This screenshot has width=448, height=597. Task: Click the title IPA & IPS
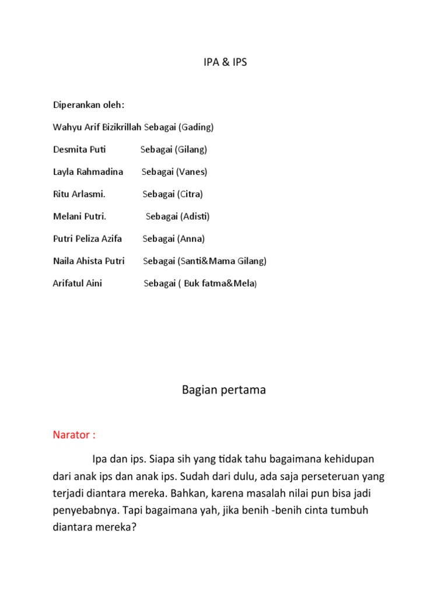tap(224, 62)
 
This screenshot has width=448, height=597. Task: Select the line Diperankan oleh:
tap(88, 106)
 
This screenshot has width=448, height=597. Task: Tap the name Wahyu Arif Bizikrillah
tap(97, 127)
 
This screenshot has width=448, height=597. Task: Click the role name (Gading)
tap(196, 127)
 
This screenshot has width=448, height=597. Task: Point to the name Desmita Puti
tap(79, 149)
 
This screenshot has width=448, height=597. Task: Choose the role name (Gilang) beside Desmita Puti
tap(190, 149)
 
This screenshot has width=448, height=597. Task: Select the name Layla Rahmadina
tap(88, 171)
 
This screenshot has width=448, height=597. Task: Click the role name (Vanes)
tap(192, 171)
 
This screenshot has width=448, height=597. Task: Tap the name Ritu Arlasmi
tap(79, 194)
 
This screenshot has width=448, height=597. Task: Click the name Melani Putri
tap(79, 216)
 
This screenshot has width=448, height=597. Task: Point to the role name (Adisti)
tap(194, 216)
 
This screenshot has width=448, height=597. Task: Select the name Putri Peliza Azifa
tap(87, 238)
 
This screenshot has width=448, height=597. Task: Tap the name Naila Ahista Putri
tap(89, 261)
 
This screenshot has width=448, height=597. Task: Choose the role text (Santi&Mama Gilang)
tap(222, 261)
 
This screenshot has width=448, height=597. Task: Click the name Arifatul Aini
tap(78, 283)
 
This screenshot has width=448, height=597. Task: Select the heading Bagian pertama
tap(224, 390)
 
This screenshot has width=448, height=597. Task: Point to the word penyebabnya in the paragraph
tap(85, 510)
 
